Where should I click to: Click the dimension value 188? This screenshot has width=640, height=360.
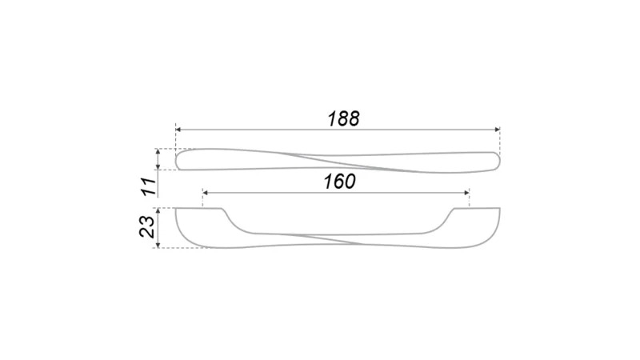point(343,118)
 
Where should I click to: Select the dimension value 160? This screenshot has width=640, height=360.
point(339,182)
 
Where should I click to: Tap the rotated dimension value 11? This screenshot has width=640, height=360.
point(150,186)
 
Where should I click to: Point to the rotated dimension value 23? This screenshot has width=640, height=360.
point(147,226)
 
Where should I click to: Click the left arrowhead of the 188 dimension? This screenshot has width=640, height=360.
point(178,130)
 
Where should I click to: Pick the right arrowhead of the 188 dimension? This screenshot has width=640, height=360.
point(497,130)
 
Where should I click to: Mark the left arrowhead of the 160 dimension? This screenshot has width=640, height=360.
point(206,193)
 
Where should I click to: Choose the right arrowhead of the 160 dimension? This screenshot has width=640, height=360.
point(466,193)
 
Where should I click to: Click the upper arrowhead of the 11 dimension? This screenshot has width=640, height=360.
point(158,151)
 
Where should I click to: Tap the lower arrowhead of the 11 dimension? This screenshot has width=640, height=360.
point(158,167)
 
